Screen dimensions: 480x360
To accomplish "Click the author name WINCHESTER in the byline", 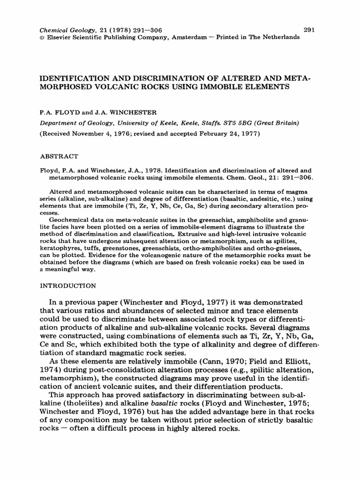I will pyautogui.click(x=140, y=113).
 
